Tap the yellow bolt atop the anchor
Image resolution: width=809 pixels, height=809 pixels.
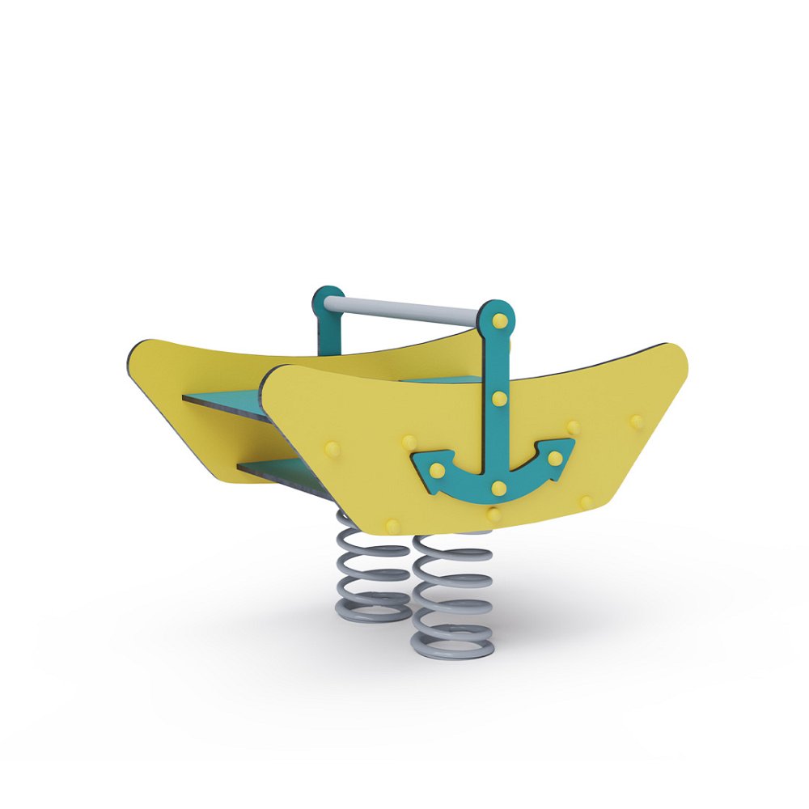coord(500,321)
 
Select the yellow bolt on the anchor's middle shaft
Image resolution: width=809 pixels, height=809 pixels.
coord(499,398)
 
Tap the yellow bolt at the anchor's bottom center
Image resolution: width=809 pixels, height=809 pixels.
coord(498,488)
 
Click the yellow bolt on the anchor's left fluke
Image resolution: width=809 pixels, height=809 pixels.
coord(437,469)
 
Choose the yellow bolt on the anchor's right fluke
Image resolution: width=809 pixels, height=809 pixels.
coord(554,458)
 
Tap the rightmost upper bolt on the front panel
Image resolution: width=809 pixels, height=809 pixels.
coord(637,421)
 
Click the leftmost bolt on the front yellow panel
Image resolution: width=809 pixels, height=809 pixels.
coord(332,449)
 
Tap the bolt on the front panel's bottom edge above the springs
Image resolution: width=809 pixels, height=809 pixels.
coord(393,526)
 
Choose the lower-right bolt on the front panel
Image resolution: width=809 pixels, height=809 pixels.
coord(587,502)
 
